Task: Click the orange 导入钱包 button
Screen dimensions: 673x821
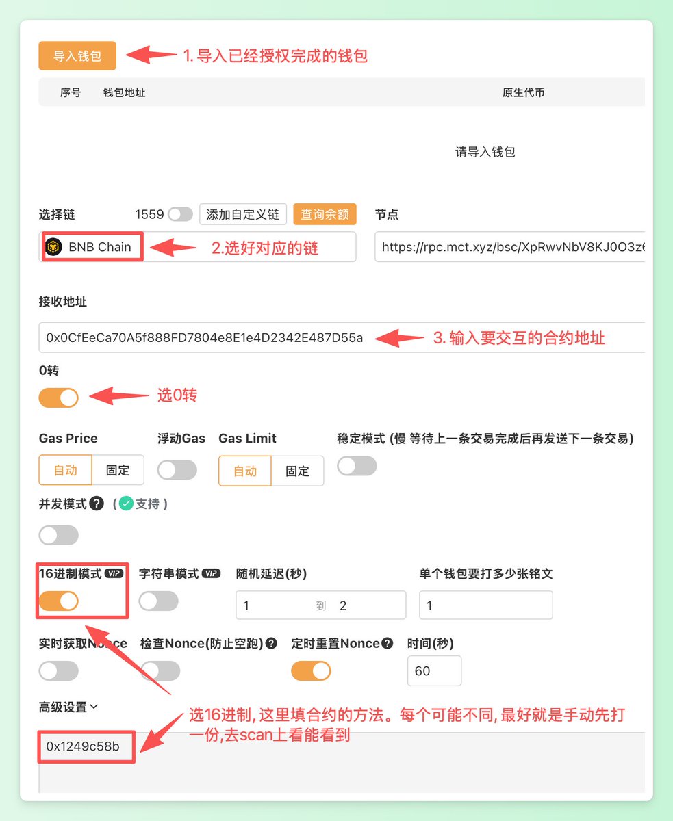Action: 77,55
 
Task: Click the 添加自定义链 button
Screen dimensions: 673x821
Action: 243,214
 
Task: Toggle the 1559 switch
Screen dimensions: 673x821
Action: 180,214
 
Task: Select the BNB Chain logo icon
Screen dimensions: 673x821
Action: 54,247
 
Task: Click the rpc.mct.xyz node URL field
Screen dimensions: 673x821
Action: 509,247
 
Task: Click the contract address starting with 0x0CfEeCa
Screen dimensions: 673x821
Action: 205,337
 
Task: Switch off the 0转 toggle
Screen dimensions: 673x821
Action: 58,398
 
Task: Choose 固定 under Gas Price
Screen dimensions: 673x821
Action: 118,470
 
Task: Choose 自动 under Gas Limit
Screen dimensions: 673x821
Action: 245,471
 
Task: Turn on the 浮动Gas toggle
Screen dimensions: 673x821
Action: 177,470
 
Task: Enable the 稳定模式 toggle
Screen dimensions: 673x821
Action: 357,466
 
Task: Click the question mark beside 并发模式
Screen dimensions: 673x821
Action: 97,504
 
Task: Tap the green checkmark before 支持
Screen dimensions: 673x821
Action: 126,504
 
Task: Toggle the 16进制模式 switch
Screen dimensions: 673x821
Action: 58,601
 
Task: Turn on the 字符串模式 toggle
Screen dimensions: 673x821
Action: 159,601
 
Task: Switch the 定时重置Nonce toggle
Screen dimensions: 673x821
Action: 311,670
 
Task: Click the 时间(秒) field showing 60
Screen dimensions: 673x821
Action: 434,670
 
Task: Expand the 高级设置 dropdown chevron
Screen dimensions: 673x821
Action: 94,706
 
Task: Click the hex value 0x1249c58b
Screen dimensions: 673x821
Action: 83,746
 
